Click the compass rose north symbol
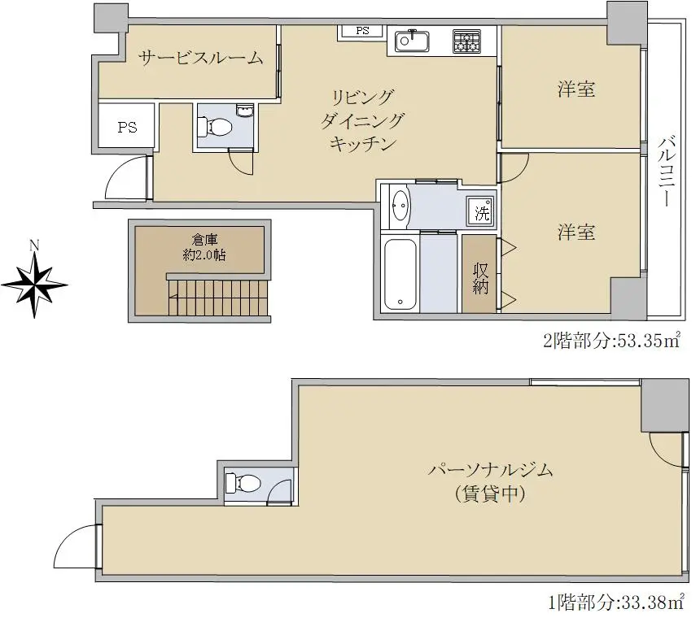[x=34, y=283]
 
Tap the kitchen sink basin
[x=412, y=41]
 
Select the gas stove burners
[x=466, y=41]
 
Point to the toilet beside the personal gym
[x=242, y=483]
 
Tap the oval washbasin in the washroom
[x=401, y=206]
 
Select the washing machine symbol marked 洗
[x=481, y=211]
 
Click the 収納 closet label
[x=480, y=279]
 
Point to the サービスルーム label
[x=200, y=58]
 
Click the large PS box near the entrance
[x=127, y=126]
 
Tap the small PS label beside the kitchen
[x=362, y=31]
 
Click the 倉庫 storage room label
[x=204, y=239]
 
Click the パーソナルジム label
[x=491, y=469]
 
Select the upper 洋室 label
[x=576, y=89]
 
